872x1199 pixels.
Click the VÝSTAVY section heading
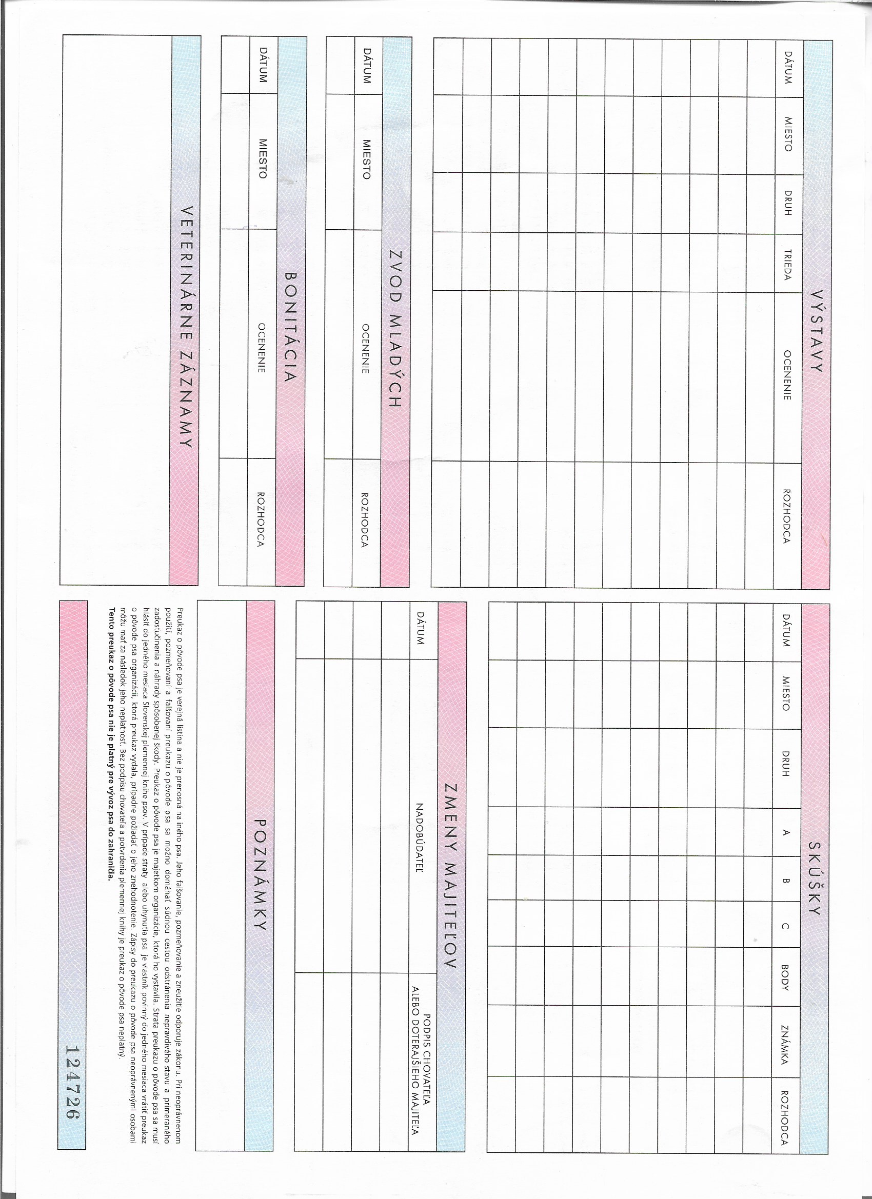tap(817, 331)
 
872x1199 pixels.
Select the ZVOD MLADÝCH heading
tap(395, 328)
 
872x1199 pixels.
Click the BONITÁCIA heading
tap(290, 327)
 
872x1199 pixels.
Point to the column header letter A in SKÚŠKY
tap(786, 832)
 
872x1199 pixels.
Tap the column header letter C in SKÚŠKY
tap(786, 926)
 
